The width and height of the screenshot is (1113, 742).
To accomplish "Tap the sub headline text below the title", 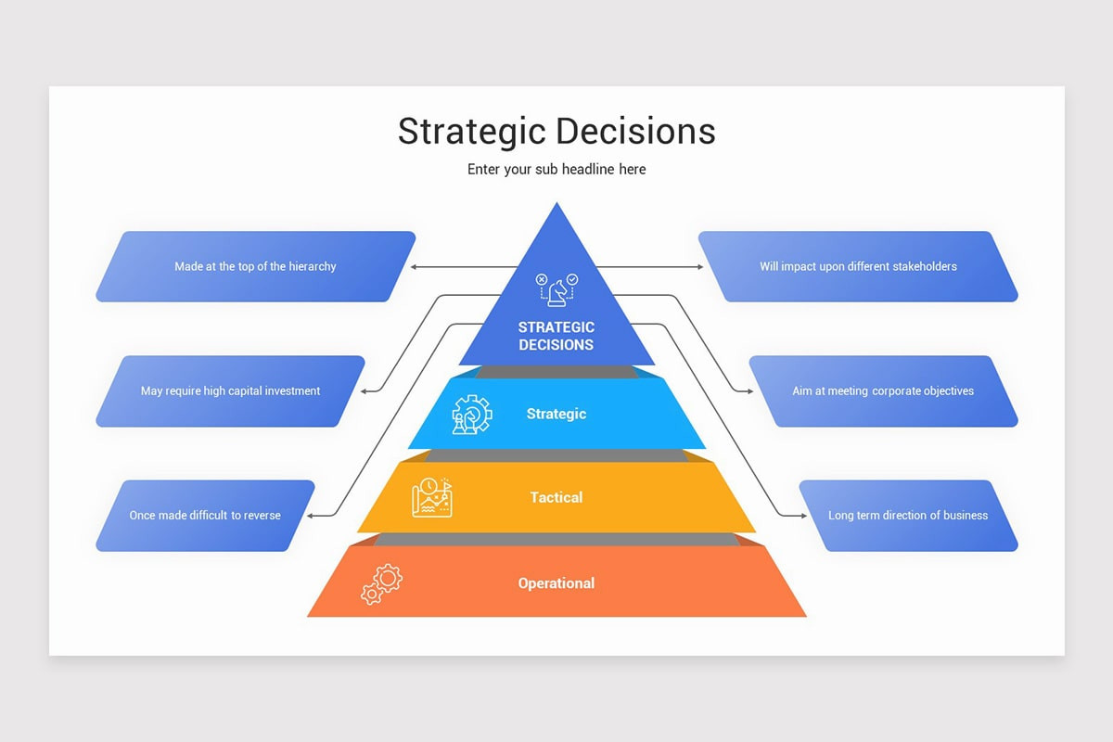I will click(x=556, y=169).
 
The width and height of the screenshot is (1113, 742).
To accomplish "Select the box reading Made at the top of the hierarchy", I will click(x=255, y=266).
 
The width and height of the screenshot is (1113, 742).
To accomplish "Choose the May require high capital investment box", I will click(x=230, y=390).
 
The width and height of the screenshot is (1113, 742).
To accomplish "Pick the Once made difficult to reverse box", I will click(x=205, y=515).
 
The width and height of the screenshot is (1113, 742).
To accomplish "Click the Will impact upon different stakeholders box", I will click(x=858, y=266).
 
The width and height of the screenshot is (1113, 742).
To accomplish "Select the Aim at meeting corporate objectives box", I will click(x=883, y=390).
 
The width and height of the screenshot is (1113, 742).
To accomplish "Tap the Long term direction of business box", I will click(x=908, y=515).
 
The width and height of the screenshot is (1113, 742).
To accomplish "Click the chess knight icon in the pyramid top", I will click(x=556, y=288).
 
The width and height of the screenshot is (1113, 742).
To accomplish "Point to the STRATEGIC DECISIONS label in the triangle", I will click(x=556, y=336).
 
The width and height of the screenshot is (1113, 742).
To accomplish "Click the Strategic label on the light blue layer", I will click(x=556, y=414).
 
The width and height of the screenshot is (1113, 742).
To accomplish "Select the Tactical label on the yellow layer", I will click(x=556, y=497).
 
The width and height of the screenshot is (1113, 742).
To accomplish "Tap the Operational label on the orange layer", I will click(x=556, y=583).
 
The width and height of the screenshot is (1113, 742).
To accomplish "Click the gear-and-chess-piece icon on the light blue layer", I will click(x=471, y=414).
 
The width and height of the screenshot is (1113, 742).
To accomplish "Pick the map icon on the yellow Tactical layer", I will click(x=431, y=497).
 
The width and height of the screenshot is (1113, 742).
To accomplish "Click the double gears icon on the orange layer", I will click(x=381, y=584).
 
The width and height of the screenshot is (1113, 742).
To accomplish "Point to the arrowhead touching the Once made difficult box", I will click(x=311, y=515).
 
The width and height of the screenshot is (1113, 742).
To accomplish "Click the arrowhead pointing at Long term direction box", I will click(x=802, y=515).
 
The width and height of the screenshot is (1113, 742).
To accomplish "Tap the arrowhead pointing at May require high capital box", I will click(x=362, y=391).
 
